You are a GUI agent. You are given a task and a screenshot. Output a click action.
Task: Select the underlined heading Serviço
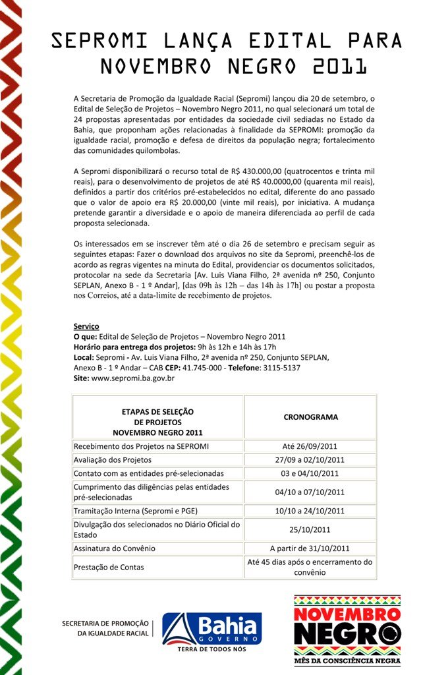coord(86,326)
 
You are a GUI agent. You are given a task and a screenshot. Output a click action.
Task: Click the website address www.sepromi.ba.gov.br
coord(132,379)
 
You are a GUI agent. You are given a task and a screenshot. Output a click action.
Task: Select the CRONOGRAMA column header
coord(310,417)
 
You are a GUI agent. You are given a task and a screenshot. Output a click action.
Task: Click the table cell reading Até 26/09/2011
coord(310,446)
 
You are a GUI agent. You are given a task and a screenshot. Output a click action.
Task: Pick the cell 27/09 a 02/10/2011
coord(310,459)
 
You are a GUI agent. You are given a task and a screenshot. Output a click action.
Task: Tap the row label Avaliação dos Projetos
coord(113,459)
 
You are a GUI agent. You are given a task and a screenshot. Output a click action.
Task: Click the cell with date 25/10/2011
coord(310,529)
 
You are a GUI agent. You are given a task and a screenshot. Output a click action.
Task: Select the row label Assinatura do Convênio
coord(115,548)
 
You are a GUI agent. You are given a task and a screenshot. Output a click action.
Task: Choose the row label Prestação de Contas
coord(109,567)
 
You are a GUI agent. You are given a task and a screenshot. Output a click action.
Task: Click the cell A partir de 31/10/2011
coord(310,548)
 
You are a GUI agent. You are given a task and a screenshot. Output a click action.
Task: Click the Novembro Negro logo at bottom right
coord(347,630)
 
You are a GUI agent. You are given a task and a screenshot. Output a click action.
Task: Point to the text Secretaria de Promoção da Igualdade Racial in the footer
coord(105,628)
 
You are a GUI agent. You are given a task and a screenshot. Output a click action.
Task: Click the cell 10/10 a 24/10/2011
coord(310,511)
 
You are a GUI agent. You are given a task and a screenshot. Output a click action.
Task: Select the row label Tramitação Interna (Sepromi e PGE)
coord(136,511)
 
